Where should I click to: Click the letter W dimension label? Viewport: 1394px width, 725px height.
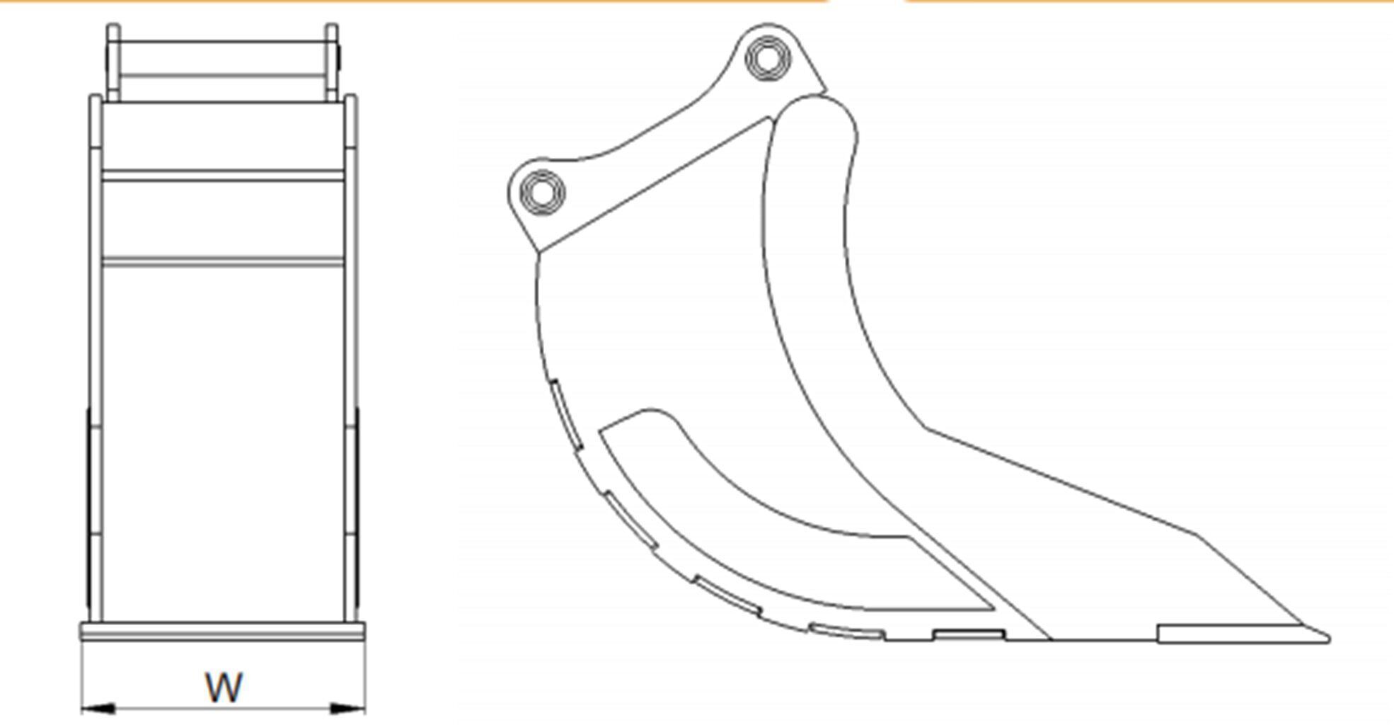pos(224,687)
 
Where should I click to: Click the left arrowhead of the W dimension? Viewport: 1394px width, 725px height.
pos(98,708)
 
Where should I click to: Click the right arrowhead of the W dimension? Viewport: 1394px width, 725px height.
pos(348,708)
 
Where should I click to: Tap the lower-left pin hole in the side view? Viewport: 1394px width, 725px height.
pos(542,191)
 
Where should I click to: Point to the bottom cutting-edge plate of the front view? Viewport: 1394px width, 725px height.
pos(224,632)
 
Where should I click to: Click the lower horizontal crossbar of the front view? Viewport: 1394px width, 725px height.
pos(224,262)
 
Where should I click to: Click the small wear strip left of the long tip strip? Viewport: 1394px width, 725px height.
pos(968,634)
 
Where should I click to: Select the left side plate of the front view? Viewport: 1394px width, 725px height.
pos(95,354)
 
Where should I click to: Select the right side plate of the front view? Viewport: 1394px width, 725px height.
pos(351,354)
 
